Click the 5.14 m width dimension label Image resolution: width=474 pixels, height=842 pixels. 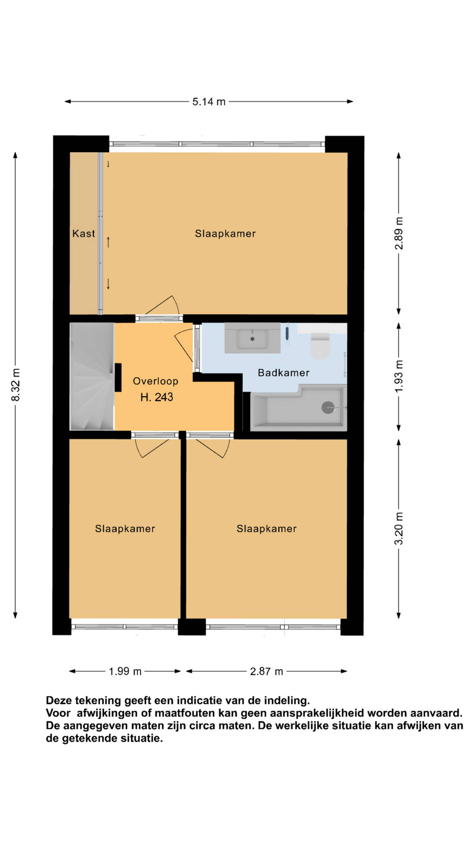[x=209, y=102]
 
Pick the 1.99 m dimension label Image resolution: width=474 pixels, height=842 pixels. [x=125, y=671]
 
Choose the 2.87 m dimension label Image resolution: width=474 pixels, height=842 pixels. [x=266, y=671]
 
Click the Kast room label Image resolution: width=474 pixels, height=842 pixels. [x=84, y=233]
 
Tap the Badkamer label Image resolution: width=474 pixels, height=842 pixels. [x=284, y=373]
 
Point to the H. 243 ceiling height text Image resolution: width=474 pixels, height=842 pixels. [x=157, y=397]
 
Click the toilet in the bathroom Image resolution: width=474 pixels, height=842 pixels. [x=320, y=346]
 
